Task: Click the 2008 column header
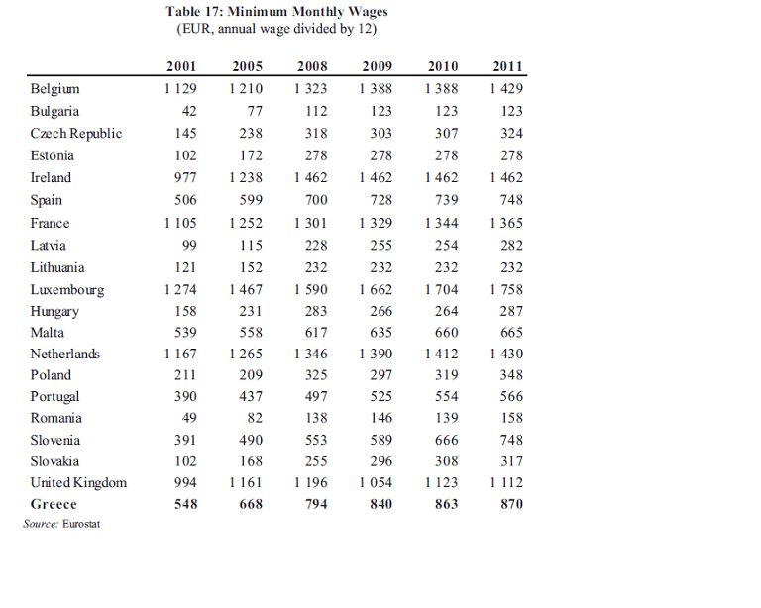pos(312,66)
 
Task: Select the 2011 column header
pos(507,66)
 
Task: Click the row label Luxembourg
pos(67,290)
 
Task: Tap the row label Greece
pos(54,504)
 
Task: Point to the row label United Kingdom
pos(78,483)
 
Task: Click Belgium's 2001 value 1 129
pos(180,89)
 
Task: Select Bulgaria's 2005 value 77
pos(255,111)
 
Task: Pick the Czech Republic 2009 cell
pos(380,134)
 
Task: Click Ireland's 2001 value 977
pos(185,178)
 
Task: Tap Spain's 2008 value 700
pos(316,200)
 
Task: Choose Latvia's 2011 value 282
pos(511,246)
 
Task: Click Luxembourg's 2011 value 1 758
pos(506,290)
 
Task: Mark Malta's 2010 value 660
pos(447,333)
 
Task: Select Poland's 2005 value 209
pos(251,375)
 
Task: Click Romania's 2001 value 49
pos(189,418)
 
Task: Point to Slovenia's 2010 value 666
pos(447,441)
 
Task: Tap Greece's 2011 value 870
pos(511,504)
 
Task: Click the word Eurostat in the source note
pos(81,524)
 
